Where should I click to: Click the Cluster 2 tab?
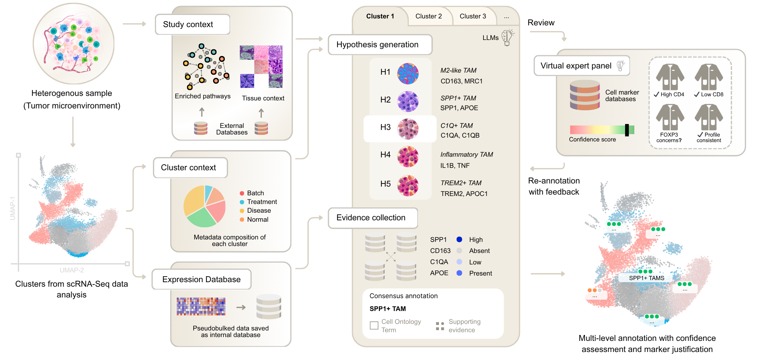point(429,16)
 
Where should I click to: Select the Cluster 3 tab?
point(473,16)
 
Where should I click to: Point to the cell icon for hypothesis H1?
point(408,73)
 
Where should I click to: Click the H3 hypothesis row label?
point(385,127)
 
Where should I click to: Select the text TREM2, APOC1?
point(464,194)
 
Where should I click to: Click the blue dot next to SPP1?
point(459,239)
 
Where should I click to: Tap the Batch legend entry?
point(255,193)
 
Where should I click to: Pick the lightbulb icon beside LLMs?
point(507,38)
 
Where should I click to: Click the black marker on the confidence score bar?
point(627,130)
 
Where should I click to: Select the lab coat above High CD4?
point(670,77)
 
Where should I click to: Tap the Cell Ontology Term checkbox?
point(374,326)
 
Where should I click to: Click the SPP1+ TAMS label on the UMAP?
point(646,278)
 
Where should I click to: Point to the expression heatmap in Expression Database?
point(201,306)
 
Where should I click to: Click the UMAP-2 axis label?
point(72,270)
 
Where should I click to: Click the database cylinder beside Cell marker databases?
point(585,95)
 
